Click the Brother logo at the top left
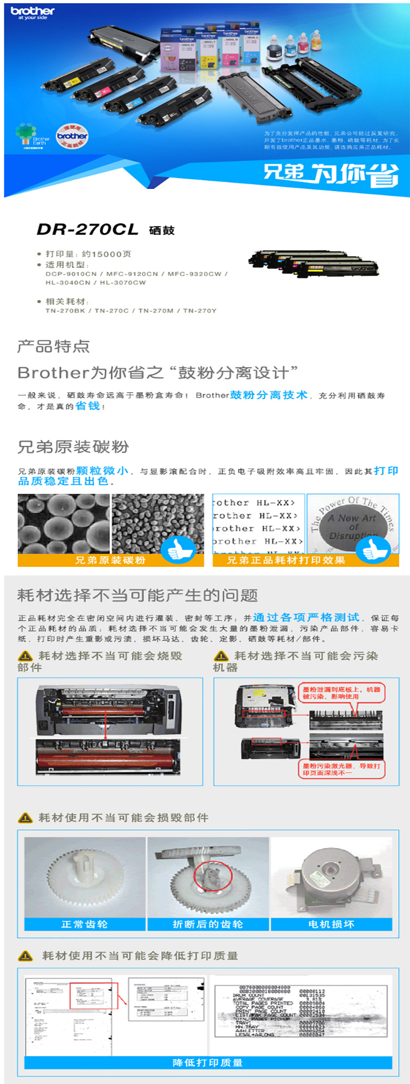pyautogui.click(x=32, y=12)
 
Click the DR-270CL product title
pyautogui.click(x=87, y=229)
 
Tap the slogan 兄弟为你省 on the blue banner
pyautogui.click(x=330, y=174)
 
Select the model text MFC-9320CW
pyautogui.click(x=194, y=274)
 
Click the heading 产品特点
pyautogui.click(x=53, y=347)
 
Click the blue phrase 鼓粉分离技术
pyautogui.click(x=269, y=395)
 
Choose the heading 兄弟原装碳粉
pyautogui.click(x=73, y=447)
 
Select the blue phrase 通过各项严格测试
pyautogui.click(x=306, y=617)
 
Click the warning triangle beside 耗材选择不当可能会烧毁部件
pyautogui.click(x=25, y=656)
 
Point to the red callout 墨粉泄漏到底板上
pyautogui.click(x=341, y=693)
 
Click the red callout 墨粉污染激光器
pyautogui.click(x=341, y=769)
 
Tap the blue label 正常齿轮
pyautogui.click(x=85, y=924)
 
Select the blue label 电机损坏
pyautogui.click(x=331, y=924)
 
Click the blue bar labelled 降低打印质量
pyautogui.click(x=208, y=1062)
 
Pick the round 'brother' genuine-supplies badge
pyautogui.click(x=72, y=135)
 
